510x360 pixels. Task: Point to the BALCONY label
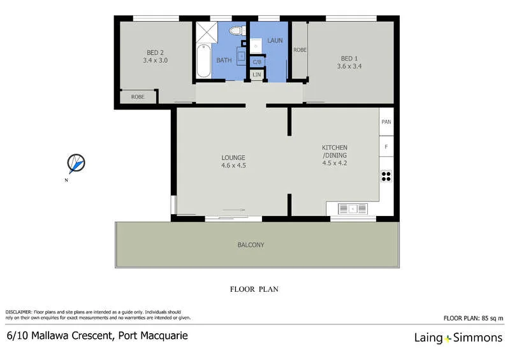(x=251, y=245)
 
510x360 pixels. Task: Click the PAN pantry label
(x=386, y=122)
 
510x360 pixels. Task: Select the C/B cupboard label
(x=257, y=62)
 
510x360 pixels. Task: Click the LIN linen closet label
(x=257, y=75)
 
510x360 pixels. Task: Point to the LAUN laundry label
(x=275, y=40)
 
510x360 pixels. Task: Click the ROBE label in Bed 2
(x=137, y=97)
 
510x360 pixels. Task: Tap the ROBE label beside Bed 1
(x=300, y=50)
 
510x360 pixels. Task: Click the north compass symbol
(x=76, y=164)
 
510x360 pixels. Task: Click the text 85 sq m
(x=491, y=317)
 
